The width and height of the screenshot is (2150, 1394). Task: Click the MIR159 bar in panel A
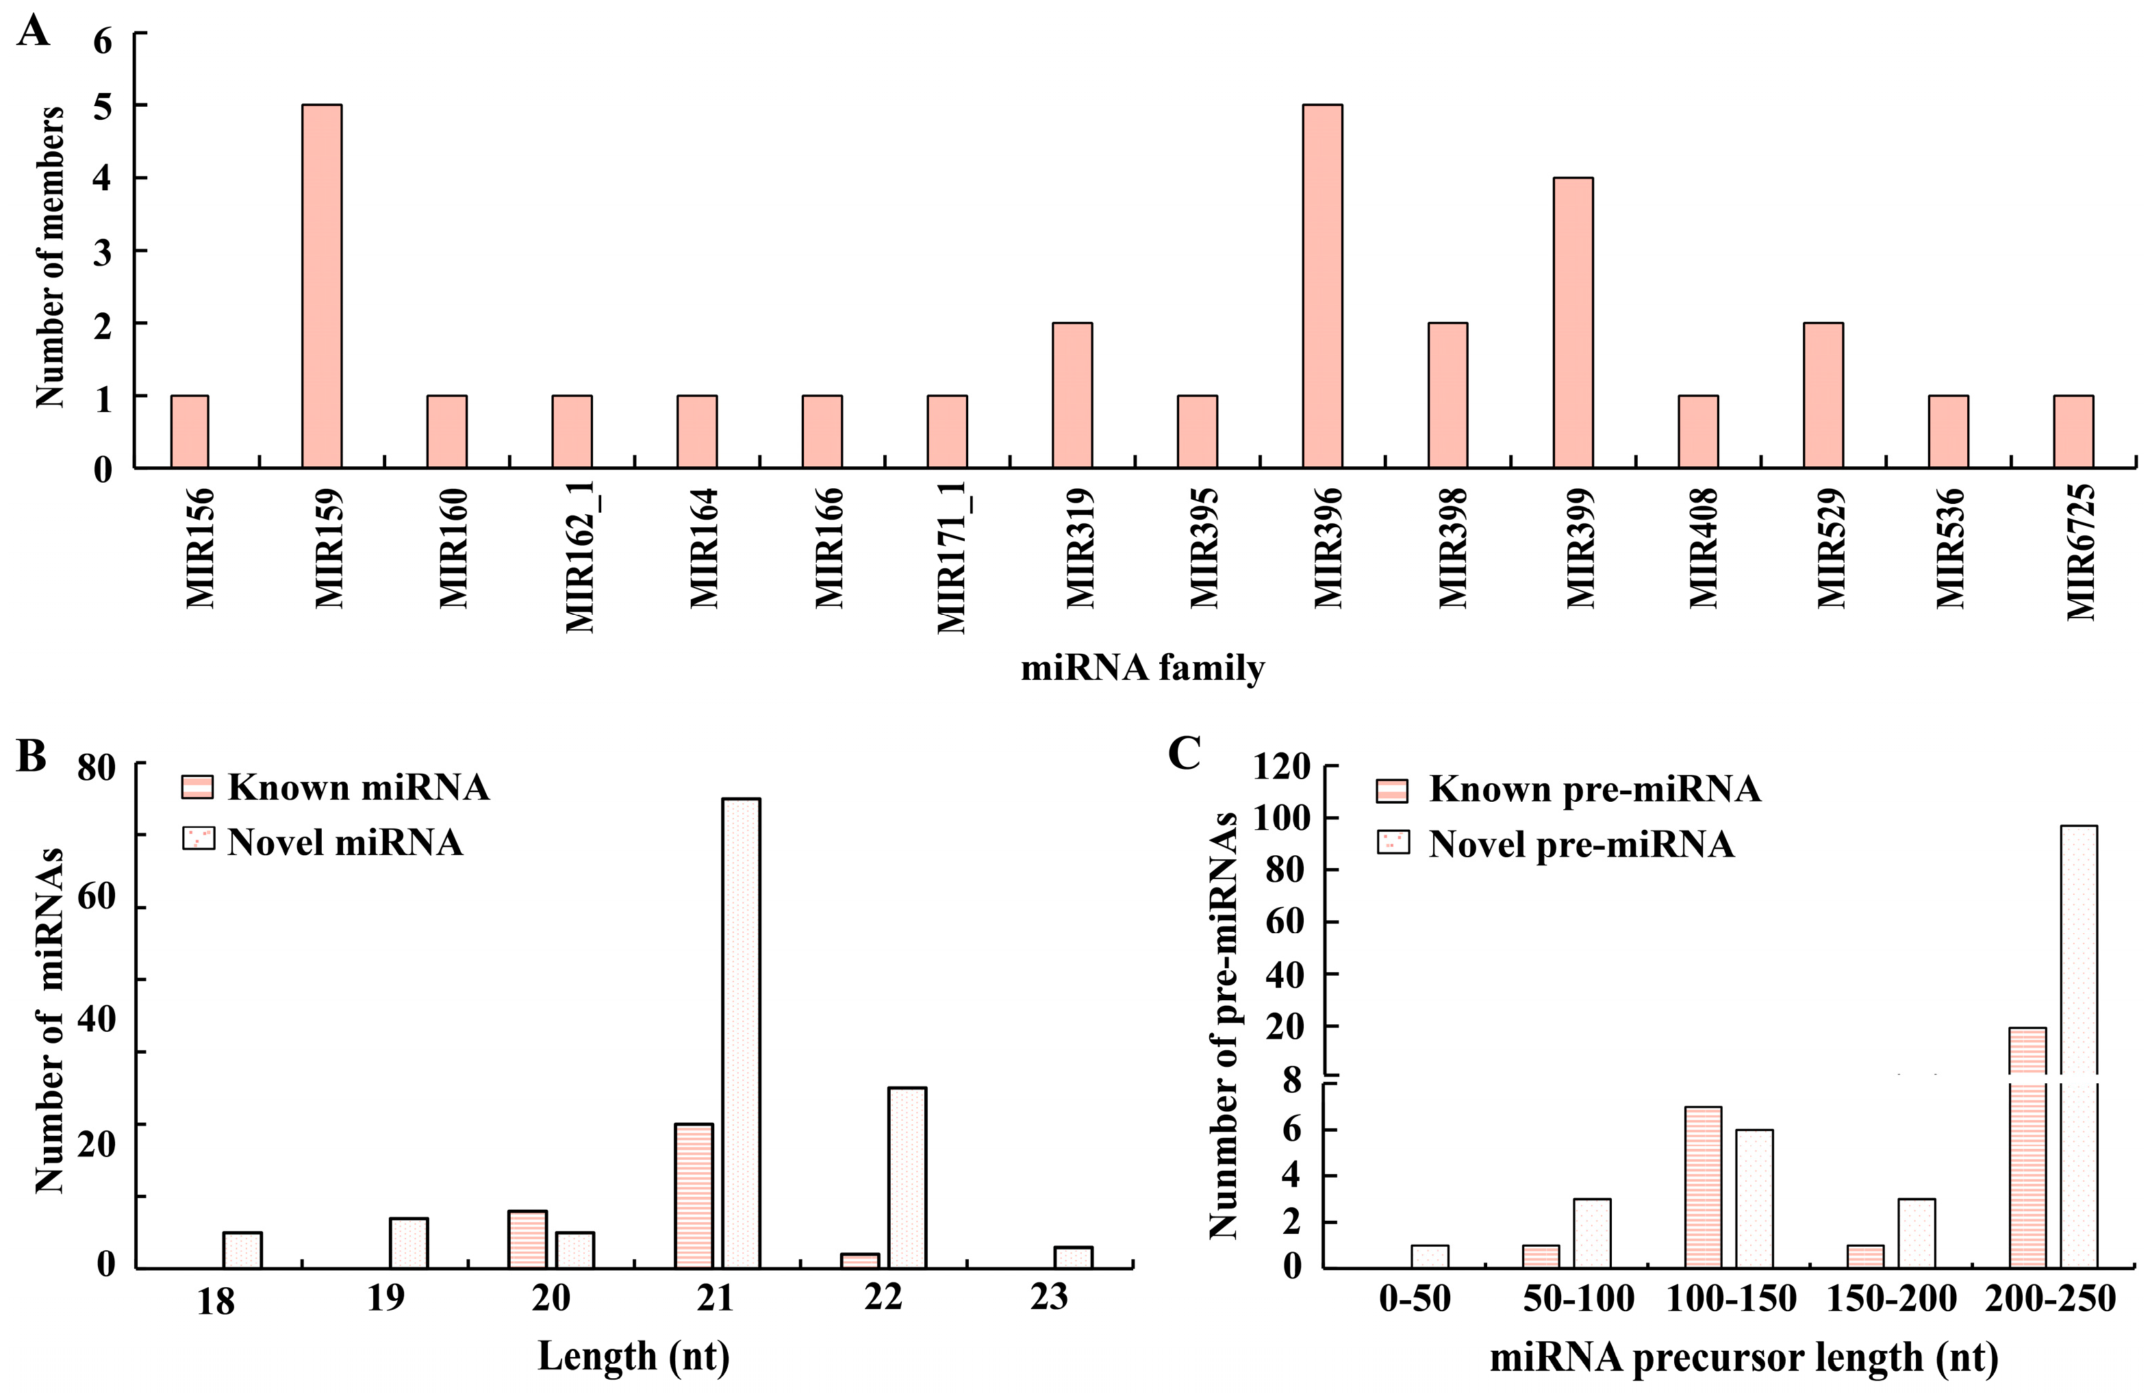322,286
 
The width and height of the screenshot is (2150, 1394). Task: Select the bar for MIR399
1573,322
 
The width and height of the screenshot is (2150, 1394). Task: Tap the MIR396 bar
1322,286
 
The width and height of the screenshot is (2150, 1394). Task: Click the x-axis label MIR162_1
579,559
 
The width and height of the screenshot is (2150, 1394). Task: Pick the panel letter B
31,755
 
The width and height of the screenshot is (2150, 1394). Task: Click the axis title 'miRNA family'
1142,668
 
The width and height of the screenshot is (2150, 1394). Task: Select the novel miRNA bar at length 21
741,1032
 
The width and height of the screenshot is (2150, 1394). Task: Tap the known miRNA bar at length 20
527,1239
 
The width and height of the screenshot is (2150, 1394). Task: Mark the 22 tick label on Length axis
883,1297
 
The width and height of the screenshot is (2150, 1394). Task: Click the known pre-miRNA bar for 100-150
1703,1187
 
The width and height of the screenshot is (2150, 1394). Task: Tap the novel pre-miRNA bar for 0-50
1429,1256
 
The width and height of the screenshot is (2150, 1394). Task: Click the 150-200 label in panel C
1890,1299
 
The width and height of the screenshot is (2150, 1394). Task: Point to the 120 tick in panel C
1282,767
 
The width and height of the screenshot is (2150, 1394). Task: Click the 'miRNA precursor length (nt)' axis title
1743,1357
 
